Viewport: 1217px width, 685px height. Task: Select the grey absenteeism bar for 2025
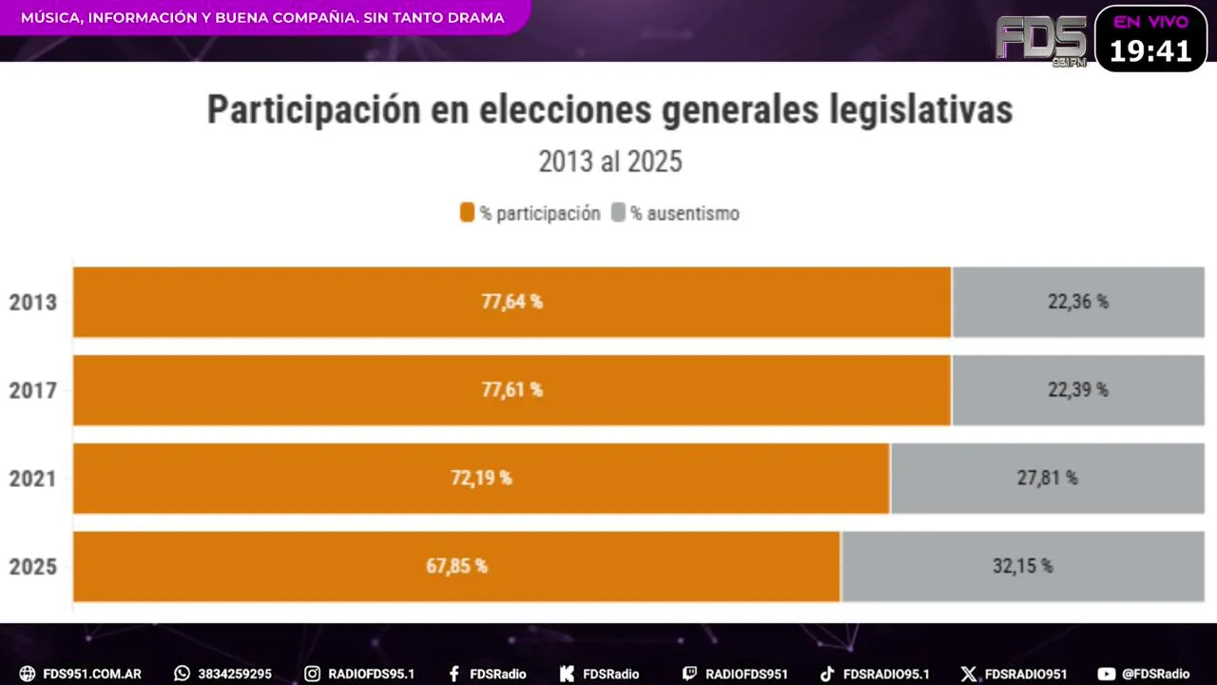click(x=1022, y=566)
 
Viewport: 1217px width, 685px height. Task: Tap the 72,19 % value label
click(x=481, y=478)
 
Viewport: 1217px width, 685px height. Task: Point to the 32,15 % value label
click(x=1022, y=566)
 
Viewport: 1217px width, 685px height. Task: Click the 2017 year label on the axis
click(x=33, y=391)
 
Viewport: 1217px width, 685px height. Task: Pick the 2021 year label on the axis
click(x=33, y=479)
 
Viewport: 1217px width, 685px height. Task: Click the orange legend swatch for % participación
click(x=467, y=213)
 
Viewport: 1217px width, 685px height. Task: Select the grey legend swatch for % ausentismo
click(x=618, y=213)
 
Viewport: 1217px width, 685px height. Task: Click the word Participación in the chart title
click(x=315, y=110)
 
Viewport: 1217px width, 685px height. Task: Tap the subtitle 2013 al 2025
click(x=610, y=162)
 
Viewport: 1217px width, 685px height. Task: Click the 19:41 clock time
click(x=1150, y=51)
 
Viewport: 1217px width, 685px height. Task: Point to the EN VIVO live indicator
click(x=1150, y=22)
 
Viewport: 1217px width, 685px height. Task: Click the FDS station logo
click(x=1041, y=38)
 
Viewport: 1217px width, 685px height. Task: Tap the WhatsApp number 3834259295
click(x=235, y=674)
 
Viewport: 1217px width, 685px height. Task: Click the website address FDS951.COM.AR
click(x=92, y=674)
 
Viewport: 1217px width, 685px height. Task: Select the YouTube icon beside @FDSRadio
click(x=1106, y=674)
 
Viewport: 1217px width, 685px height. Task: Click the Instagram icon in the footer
click(x=312, y=674)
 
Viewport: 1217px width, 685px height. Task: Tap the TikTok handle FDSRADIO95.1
click(x=886, y=674)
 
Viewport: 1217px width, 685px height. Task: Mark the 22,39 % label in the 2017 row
click(x=1077, y=390)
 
